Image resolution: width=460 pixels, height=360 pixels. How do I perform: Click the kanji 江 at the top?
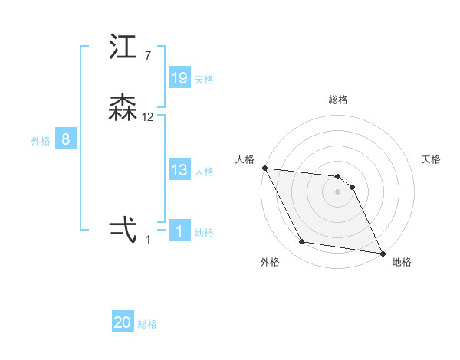(x=123, y=48)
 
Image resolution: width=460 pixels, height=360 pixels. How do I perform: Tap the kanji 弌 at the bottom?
(x=123, y=230)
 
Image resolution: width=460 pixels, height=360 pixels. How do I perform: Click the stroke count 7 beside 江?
(x=148, y=55)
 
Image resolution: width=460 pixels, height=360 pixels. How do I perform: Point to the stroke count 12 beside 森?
(x=148, y=117)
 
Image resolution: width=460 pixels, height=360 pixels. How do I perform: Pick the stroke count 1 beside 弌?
(x=148, y=239)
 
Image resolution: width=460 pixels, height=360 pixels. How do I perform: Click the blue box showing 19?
(x=179, y=78)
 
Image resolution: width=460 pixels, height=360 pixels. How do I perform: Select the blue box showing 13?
(x=179, y=170)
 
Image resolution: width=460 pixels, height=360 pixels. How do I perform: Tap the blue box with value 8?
(x=66, y=139)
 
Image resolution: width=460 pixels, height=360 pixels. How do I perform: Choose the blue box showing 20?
(x=123, y=322)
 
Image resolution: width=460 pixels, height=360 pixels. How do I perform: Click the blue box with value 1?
(x=179, y=231)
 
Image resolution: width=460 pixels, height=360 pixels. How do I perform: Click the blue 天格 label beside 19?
(x=204, y=80)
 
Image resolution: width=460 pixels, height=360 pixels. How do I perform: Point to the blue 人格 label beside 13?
(x=204, y=172)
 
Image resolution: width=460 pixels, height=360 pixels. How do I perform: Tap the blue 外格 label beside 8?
(x=41, y=141)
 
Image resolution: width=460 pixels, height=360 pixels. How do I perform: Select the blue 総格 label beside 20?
(x=147, y=324)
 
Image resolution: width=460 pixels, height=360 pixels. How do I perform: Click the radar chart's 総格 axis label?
(x=338, y=100)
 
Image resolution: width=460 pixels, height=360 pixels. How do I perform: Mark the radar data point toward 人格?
(x=264, y=168)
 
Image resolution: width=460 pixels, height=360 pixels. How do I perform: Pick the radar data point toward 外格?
(x=302, y=242)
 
